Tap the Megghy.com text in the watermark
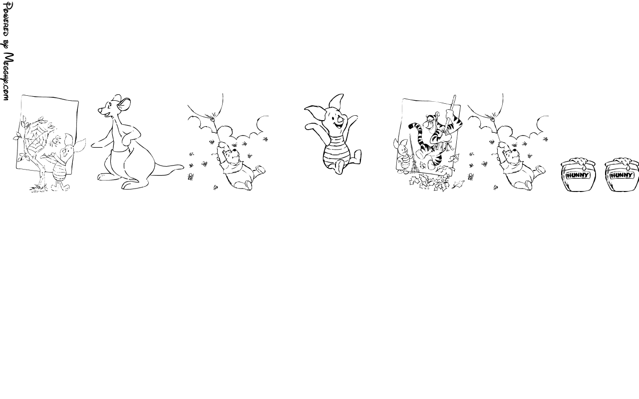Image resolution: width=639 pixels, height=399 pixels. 7,76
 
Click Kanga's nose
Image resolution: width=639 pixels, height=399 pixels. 99,110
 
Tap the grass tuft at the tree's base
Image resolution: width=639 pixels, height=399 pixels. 37,189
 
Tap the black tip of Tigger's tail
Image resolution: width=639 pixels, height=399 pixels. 411,125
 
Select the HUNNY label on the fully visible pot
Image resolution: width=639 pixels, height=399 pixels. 578,175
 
